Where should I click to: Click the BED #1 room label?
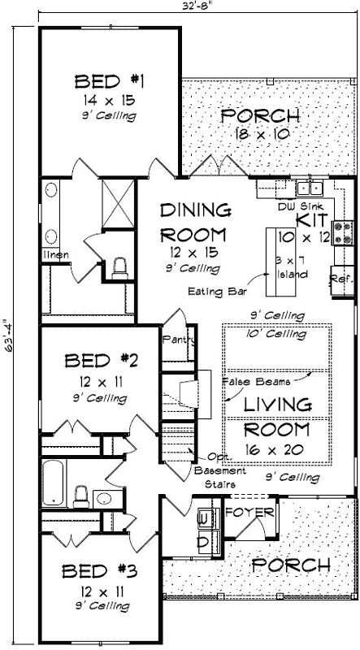pyautogui.click(x=109, y=81)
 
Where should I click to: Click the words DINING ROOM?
pyautogui.click(x=194, y=223)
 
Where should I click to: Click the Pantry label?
pyautogui.click(x=176, y=339)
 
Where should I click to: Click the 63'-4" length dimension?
pyautogui.click(x=7, y=326)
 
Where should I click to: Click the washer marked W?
pyautogui.click(x=203, y=517)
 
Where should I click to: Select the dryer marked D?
pyautogui.click(x=203, y=539)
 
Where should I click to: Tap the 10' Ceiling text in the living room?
pyautogui.click(x=276, y=334)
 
